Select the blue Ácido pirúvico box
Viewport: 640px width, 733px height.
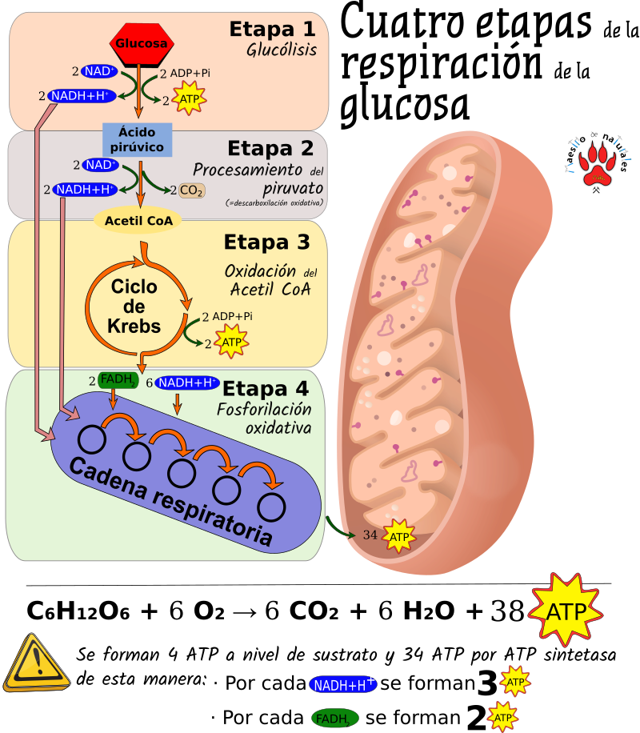point(137,138)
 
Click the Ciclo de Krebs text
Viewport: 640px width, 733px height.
point(134,306)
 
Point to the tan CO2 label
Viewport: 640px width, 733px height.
point(191,190)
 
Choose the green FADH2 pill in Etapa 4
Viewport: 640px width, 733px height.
point(118,381)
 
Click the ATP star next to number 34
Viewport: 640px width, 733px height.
point(399,536)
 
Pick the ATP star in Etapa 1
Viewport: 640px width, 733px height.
point(190,100)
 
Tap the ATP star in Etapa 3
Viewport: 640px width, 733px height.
point(231,342)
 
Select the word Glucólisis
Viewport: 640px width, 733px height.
point(282,50)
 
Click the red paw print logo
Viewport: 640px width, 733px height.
point(597,165)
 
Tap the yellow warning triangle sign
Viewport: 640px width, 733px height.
point(36,662)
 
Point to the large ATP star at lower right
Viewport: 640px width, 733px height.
point(565,611)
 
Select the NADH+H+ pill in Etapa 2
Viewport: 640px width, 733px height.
point(85,190)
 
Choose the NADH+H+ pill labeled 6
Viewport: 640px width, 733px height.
point(186,383)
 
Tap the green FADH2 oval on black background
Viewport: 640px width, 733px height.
point(334,719)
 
